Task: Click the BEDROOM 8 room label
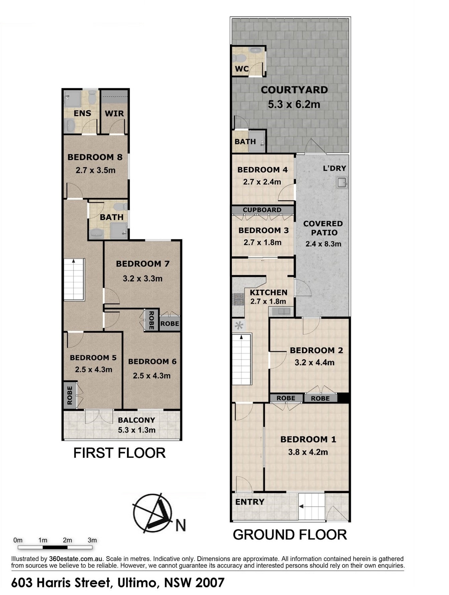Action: tap(95, 157)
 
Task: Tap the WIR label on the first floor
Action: tap(114, 114)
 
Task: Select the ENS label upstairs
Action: tap(82, 113)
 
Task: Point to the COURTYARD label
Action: tap(294, 90)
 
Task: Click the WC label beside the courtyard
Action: tap(242, 69)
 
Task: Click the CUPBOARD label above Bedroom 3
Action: tap(262, 210)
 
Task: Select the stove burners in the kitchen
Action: tap(238, 299)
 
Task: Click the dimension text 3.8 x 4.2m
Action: tap(308, 452)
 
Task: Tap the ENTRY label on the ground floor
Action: tap(250, 502)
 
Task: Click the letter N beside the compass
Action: tap(180, 526)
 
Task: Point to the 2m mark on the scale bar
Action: tap(67, 540)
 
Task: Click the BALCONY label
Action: tap(137, 420)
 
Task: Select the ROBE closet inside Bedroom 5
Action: tap(69, 395)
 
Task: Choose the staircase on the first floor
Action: tap(74, 279)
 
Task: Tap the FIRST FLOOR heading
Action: tap(119, 453)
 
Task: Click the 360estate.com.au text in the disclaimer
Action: tap(76, 559)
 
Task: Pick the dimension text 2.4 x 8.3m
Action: tap(323, 244)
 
